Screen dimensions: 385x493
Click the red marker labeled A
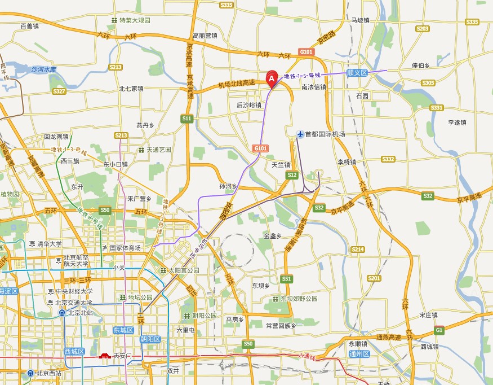[272, 80]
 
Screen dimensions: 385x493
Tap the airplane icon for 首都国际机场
[300, 134]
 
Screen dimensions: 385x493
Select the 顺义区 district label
[357, 73]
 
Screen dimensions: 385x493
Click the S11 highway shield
[187, 119]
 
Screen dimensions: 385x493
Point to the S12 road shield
[291, 176]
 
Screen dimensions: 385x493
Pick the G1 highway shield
[439, 330]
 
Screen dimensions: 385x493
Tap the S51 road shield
[287, 279]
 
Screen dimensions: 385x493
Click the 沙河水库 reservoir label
[44, 70]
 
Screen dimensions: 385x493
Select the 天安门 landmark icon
[105, 356]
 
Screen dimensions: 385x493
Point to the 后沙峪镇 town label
[249, 105]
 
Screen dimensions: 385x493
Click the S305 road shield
[428, 83]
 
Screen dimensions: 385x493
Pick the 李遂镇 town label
[458, 122]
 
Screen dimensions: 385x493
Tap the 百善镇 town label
[29, 26]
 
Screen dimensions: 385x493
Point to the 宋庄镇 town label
[429, 314]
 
